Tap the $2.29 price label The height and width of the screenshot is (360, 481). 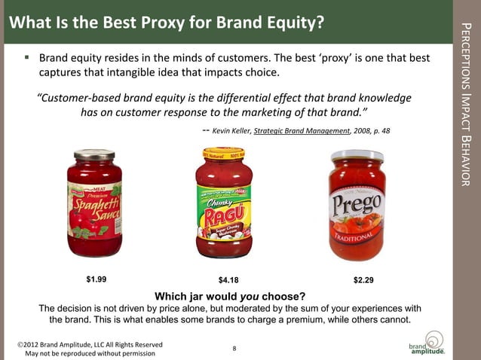click(x=363, y=280)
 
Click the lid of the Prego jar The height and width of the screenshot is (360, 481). click(x=357, y=156)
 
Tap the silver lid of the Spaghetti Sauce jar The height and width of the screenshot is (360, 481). click(x=94, y=154)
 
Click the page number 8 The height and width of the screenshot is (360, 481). click(x=234, y=348)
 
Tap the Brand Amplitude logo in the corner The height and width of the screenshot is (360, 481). click(x=428, y=343)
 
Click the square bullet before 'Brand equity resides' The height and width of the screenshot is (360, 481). click(x=27, y=56)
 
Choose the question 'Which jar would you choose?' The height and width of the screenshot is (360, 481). click(x=230, y=294)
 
